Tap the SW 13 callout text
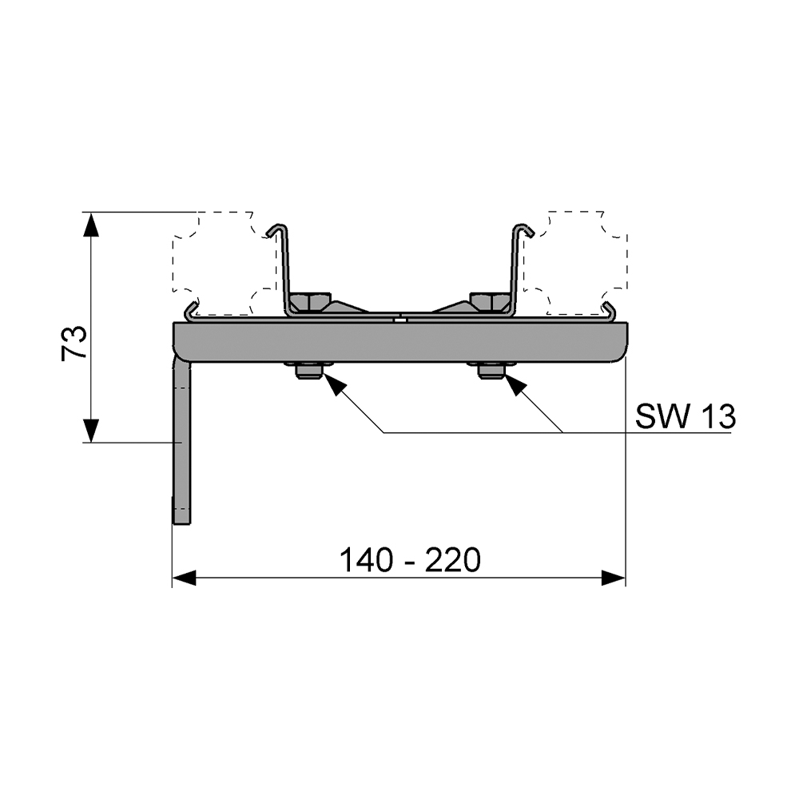point(685,416)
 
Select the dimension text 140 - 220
point(410,561)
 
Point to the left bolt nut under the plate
point(308,371)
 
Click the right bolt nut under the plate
point(491,371)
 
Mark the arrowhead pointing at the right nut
point(516,384)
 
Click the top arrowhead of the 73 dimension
point(91,225)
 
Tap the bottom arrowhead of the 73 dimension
point(91,430)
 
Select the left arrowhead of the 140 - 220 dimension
point(185,578)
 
